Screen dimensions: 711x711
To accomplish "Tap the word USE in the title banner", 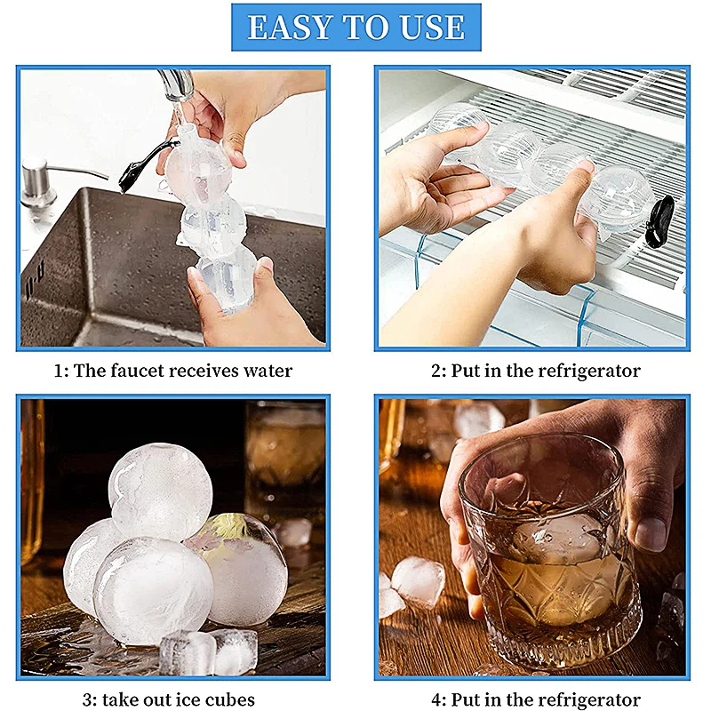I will (x=430, y=28).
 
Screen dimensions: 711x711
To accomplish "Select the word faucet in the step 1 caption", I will (x=147, y=371).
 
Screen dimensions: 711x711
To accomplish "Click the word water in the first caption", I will (x=264, y=371).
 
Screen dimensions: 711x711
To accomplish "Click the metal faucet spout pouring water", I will (x=178, y=84).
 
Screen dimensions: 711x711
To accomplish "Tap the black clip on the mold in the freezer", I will (x=659, y=220).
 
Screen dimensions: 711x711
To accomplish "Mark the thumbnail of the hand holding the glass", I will (x=651, y=533).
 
